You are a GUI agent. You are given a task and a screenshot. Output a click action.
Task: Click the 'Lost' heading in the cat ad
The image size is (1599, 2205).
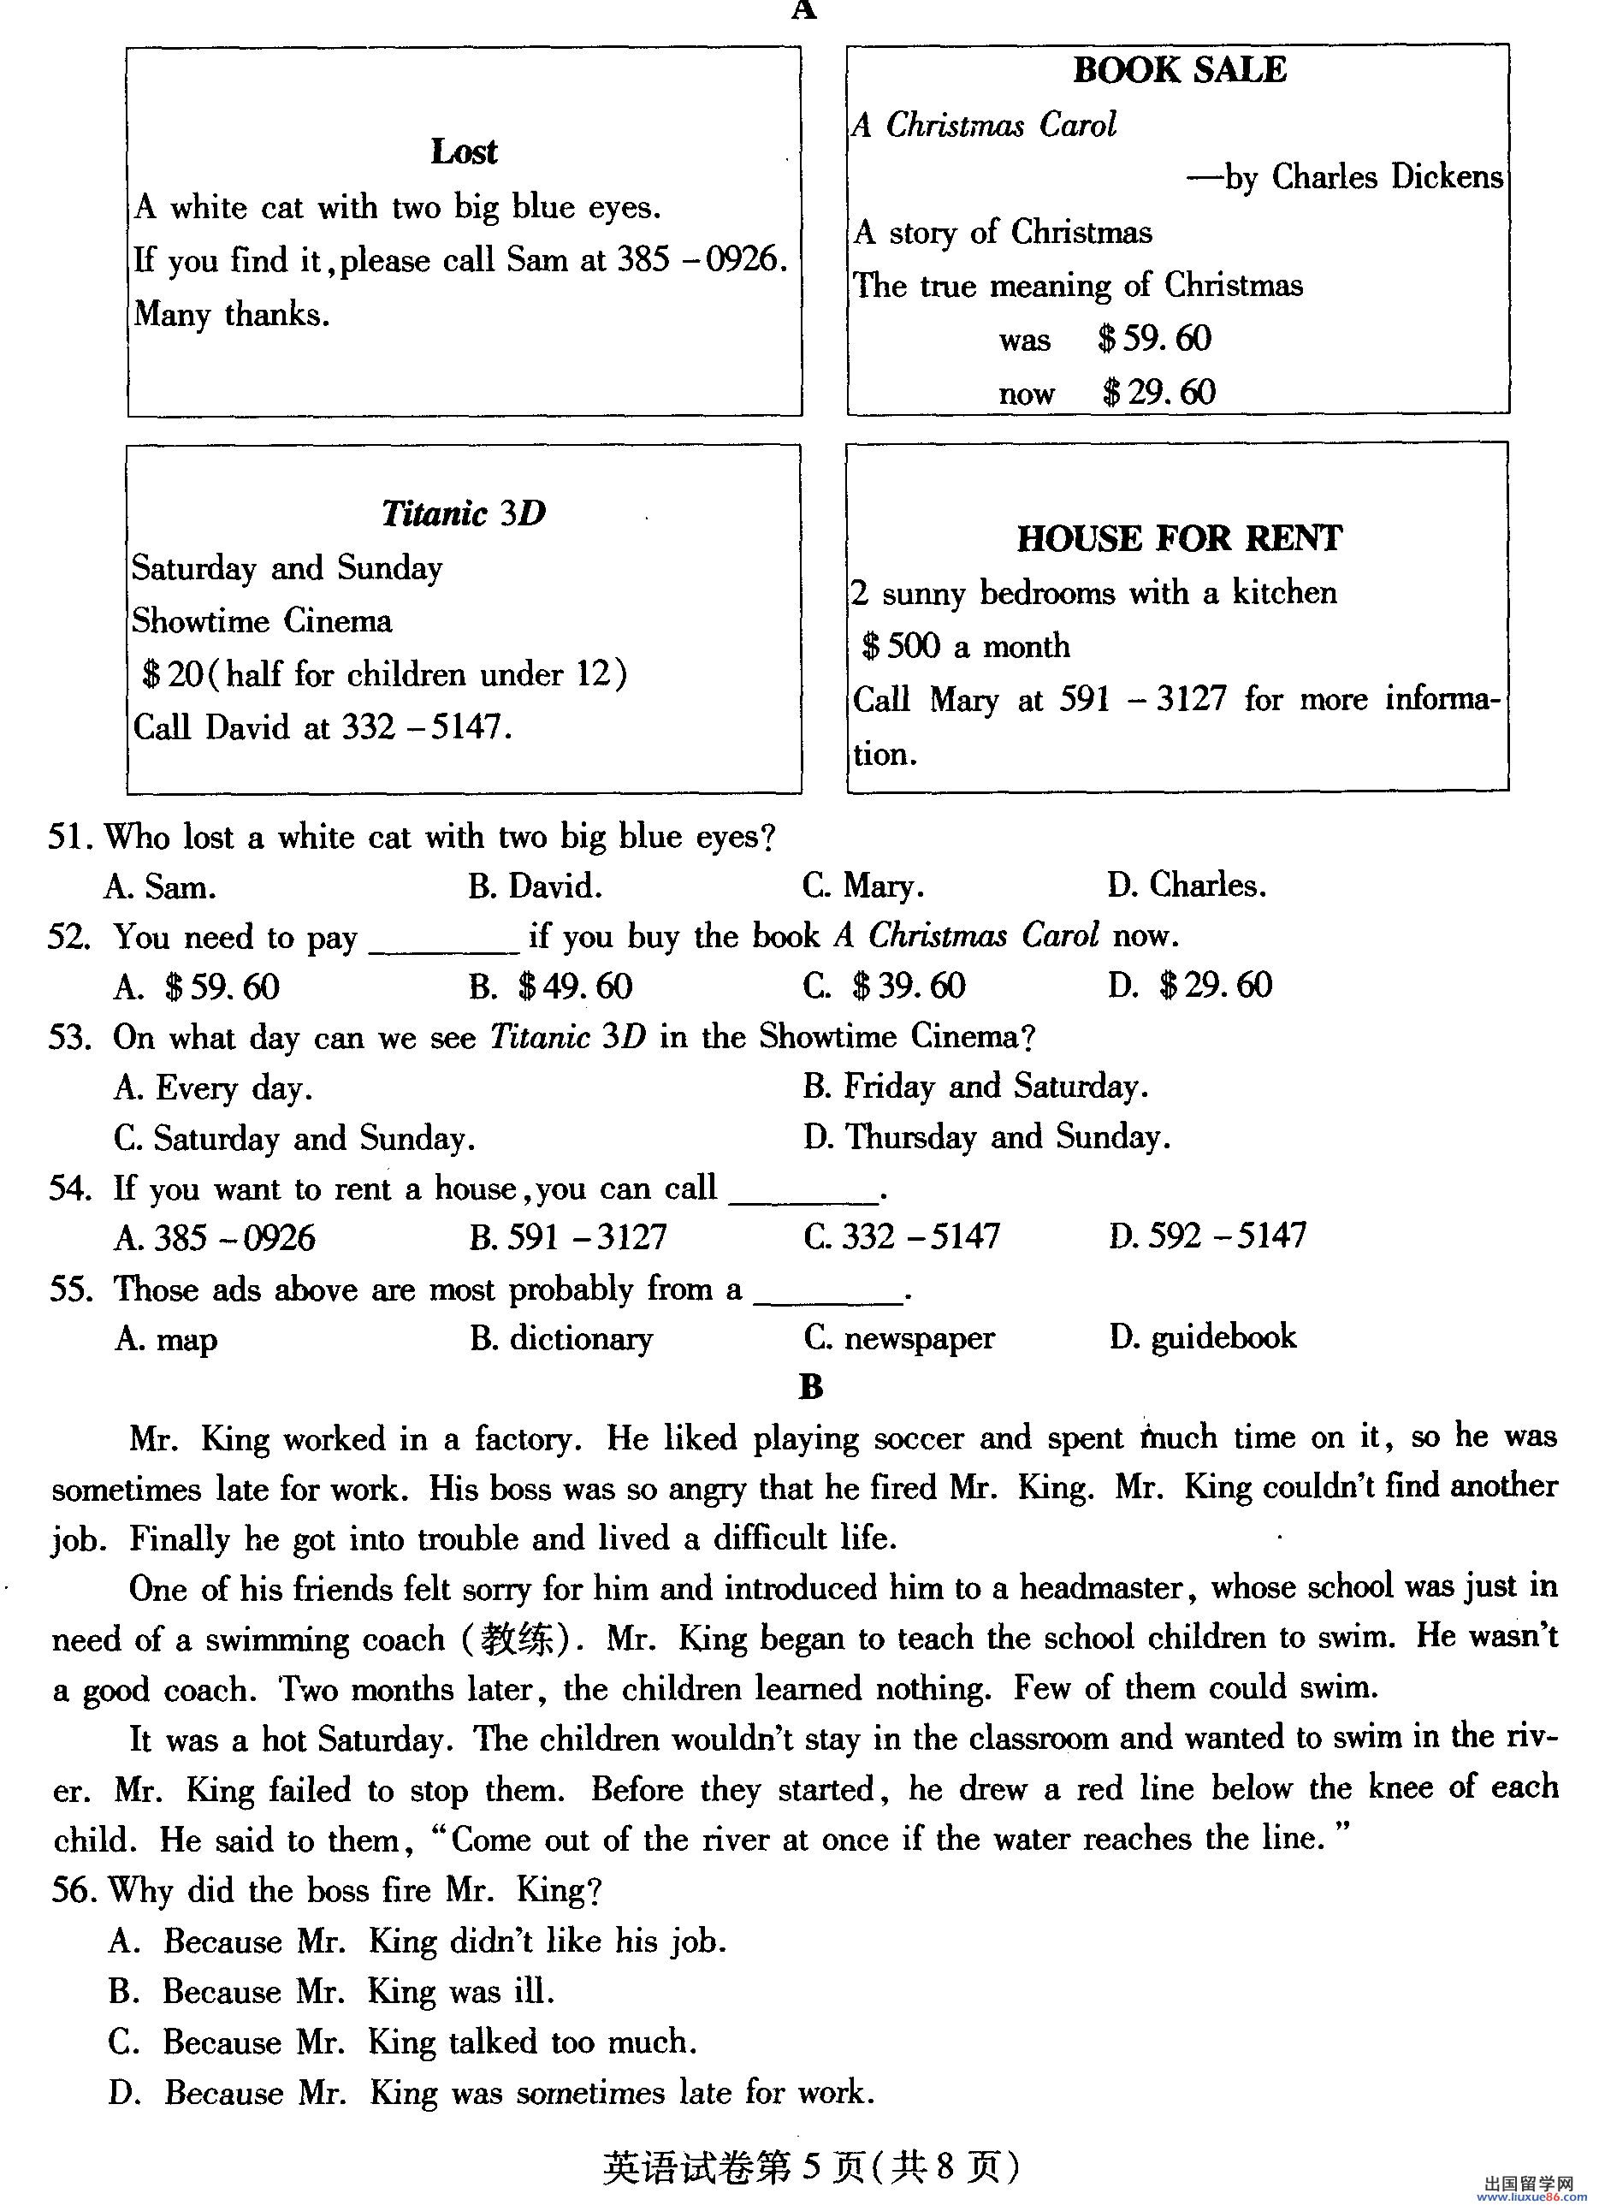coord(464,151)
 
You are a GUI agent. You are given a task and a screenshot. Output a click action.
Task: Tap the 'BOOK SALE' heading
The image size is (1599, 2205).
coord(1179,70)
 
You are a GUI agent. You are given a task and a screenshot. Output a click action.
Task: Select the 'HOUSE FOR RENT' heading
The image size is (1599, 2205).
coord(1179,537)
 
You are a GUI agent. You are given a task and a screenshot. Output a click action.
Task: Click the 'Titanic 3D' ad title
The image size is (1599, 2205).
coord(464,513)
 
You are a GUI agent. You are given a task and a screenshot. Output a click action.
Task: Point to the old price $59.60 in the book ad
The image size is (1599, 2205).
coord(1154,340)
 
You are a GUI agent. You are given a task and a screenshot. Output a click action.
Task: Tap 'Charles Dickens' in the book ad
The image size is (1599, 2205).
coord(1387,177)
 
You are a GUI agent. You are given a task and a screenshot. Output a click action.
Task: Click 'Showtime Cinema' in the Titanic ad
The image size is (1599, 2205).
coord(262,620)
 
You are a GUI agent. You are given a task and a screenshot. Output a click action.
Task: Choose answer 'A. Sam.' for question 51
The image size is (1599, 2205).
coord(160,886)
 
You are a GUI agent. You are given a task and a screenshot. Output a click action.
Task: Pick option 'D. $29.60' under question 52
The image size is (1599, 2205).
coord(1190,986)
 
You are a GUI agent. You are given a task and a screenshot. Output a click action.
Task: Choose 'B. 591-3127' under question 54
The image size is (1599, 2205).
coord(568,1236)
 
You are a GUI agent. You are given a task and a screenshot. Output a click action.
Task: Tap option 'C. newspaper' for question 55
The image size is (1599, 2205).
coord(899,1339)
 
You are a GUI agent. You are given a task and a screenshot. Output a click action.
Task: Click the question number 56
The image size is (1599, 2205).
coord(71,1891)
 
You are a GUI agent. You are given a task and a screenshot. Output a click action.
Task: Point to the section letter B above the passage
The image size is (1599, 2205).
coord(811,1387)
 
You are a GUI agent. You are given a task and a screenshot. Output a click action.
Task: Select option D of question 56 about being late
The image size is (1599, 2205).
coord(491,2092)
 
